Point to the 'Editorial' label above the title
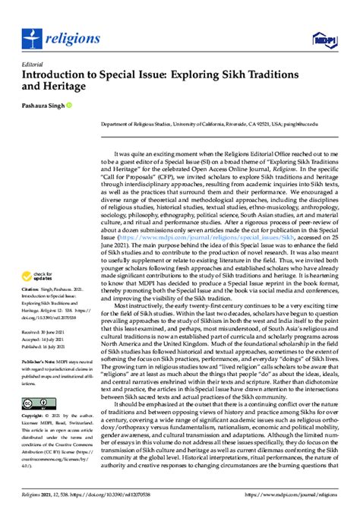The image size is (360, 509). point(33,65)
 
